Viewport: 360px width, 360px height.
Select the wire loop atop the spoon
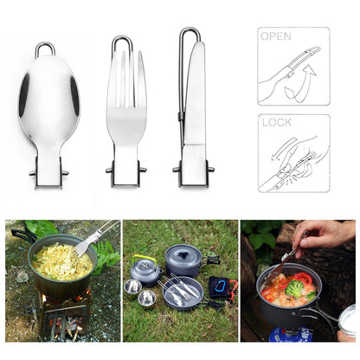[45, 49]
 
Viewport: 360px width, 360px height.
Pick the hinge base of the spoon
[48, 174]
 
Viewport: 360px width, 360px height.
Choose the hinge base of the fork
[125, 172]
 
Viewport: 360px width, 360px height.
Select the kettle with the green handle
[145, 271]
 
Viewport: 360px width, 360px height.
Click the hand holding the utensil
[325, 236]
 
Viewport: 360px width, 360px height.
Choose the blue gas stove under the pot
[290, 333]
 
